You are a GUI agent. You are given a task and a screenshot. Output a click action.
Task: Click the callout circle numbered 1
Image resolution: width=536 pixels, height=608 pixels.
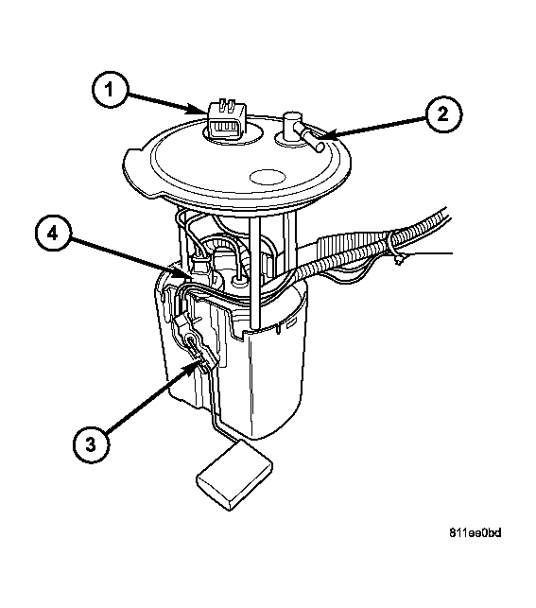pyautogui.click(x=110, y=90)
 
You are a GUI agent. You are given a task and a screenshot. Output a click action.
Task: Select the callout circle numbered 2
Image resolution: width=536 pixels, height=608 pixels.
pyautogui.click(x=443, y=114)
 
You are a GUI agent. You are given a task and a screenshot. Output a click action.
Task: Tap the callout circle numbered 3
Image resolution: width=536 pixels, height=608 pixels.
pyautogui.click(x=91, y=444)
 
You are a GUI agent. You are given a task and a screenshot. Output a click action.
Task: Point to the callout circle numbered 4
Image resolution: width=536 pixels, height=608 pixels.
pyautogui.click(x=53, y=234)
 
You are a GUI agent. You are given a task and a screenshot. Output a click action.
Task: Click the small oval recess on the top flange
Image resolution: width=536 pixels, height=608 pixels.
pyautogui.click(x=268, y=177)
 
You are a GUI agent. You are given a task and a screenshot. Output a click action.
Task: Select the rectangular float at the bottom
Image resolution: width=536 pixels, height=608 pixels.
pyautogui.click(x=234, y=475)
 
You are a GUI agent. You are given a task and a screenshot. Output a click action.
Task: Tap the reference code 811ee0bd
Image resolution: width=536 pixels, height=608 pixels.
pyautogui.click(x=475, y=533)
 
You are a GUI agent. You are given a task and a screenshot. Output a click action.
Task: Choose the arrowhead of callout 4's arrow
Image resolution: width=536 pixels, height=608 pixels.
pyautogui.click(x=185, y=274)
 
